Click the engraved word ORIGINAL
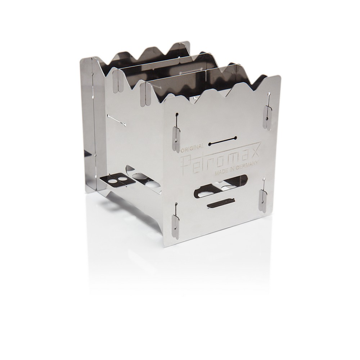[192, 147]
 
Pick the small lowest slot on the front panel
[220, 204]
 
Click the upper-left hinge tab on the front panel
[176, 140]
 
